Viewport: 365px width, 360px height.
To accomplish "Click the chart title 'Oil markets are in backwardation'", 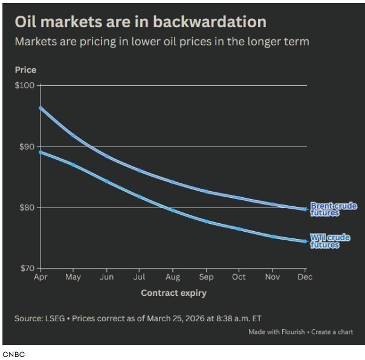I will (x=140, y=22).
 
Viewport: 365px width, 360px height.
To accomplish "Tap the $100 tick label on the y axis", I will (x=25, y=85).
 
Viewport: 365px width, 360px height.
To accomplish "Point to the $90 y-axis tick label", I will (x=27, y=146).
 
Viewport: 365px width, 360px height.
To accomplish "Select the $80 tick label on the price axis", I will (x=27, y=208).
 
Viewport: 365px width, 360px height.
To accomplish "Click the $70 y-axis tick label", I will (x=27, y=268).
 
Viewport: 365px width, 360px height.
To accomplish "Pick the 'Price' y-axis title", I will (x=25, y=70).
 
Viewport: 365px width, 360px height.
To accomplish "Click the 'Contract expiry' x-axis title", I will (x=173, y=293).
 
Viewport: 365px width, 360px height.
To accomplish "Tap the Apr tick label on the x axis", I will (x=40, y=277).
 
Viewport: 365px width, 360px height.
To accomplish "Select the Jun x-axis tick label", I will (x=106, y=277).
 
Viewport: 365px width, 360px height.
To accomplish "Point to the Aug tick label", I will (x=172, y=277).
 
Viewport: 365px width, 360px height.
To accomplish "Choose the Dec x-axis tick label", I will (x=305, y=277).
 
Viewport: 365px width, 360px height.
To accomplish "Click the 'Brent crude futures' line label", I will (x=333, y=209).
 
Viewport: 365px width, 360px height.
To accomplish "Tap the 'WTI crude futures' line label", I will (x=330, y=241).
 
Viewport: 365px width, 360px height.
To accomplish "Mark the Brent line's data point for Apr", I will (x=40, y=108).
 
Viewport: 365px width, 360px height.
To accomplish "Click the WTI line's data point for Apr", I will (x=40, y=152).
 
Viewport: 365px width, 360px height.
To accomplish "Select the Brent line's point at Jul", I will (x=140, y=170).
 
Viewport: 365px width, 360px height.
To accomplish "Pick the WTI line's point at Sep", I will (x=205, y=221).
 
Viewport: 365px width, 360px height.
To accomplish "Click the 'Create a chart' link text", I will (x=332, y=332).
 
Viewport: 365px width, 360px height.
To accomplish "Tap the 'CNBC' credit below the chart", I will (x=13, y=354).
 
